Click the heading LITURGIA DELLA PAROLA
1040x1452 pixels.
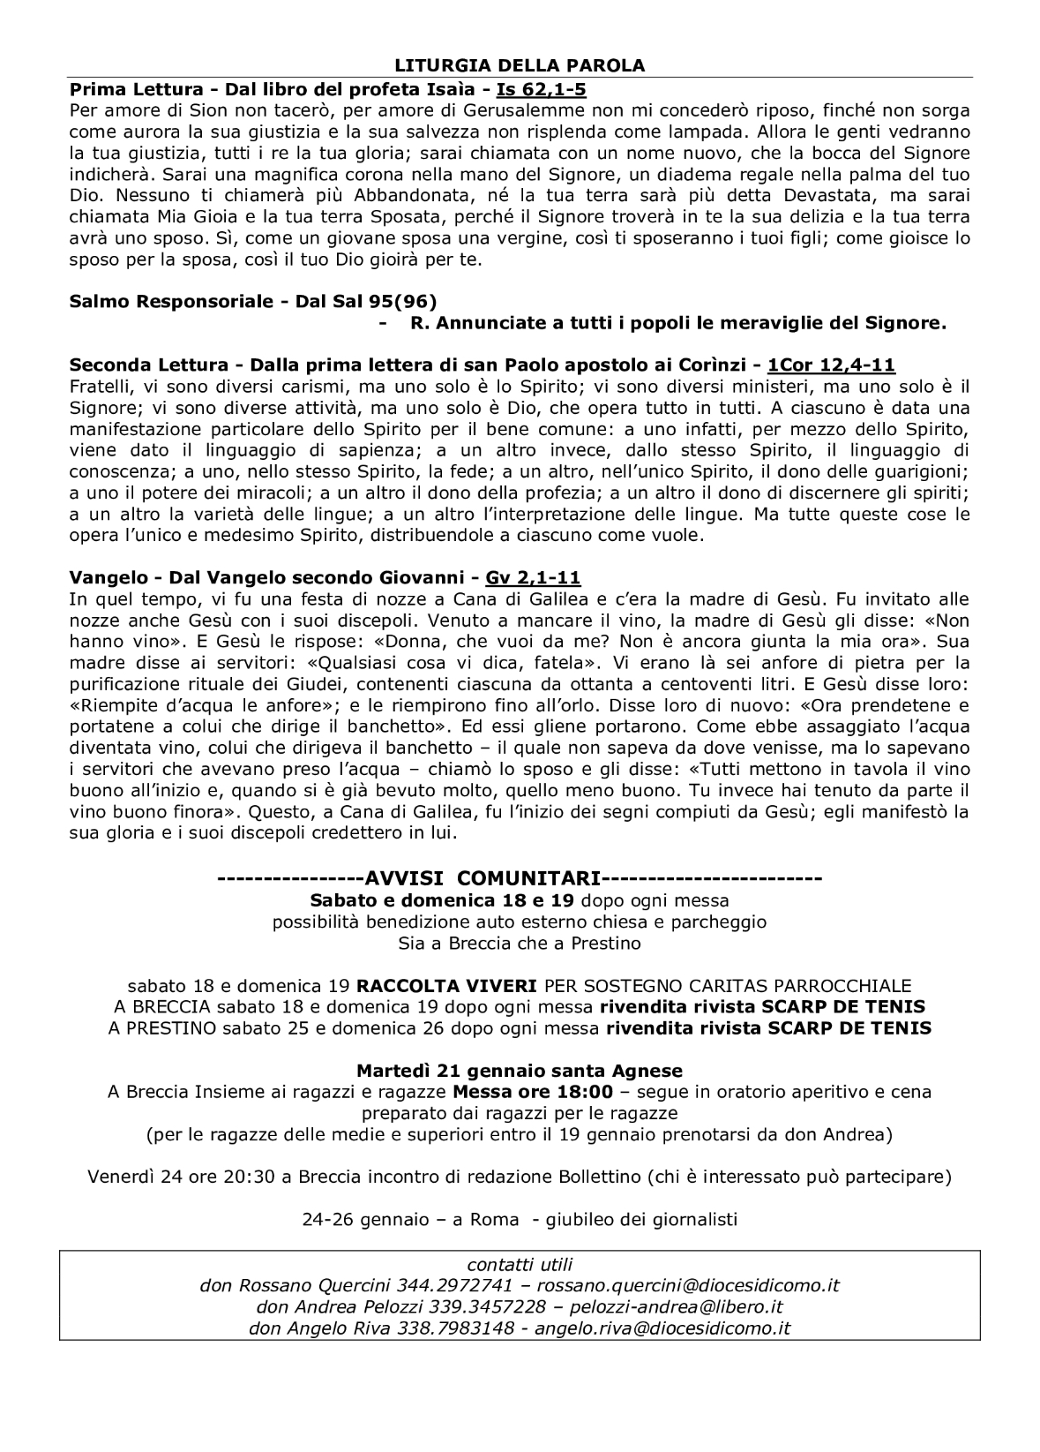coord(520,65)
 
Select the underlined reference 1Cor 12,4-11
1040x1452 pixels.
coord(832,365)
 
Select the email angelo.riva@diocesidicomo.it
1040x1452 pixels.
coord(662,1328)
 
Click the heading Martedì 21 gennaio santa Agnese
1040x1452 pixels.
coord(520,1071)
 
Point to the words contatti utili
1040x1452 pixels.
coord(520,1265)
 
